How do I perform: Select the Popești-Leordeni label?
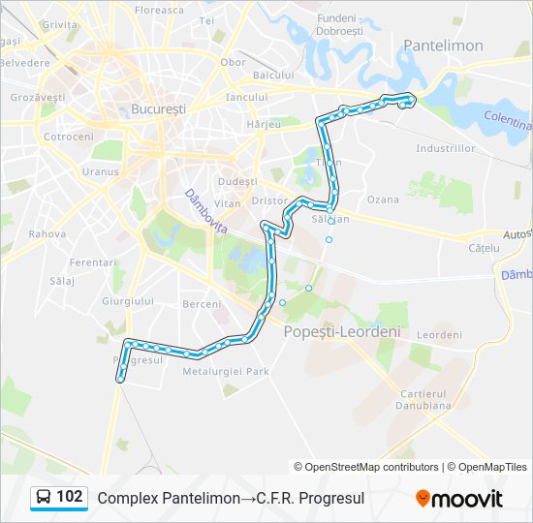click(x=342, y=331)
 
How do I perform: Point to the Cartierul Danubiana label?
click(x=425, y=399)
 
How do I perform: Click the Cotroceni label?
click(x=68, y=137)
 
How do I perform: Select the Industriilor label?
click(x=446, y=148)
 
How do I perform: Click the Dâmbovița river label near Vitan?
click(x=205, y=210)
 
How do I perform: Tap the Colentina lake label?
click(x=509, y=123)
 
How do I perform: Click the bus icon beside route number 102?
click(x=44, y=498)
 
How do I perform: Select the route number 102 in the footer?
click(x=70, y=497)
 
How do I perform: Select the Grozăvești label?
click(x=37, y=98)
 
